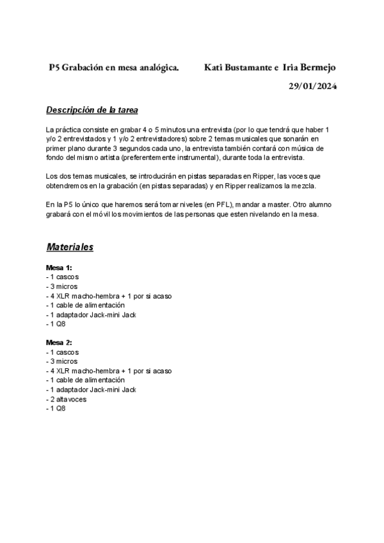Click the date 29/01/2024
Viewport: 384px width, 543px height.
tap(312, 86)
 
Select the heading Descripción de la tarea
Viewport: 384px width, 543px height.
tap(92, 109)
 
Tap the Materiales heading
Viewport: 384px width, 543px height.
tap(70, 247)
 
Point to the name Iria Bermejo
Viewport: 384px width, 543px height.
tap(309, 67)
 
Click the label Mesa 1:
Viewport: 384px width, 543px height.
tap(59, 267)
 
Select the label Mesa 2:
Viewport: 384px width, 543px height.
tap(59, 343)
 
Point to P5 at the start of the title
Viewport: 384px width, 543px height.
tap(54, 67)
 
